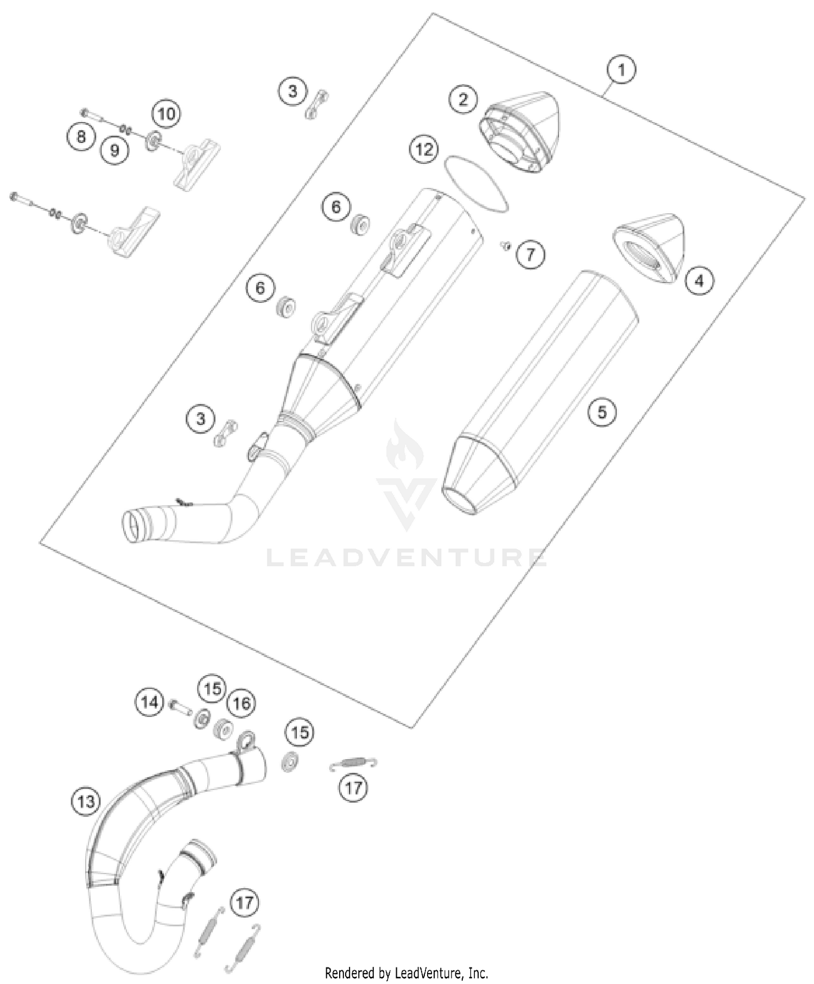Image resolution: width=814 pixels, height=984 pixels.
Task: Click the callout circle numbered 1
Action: [x=621, y=70]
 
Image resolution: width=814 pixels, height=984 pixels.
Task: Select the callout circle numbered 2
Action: [x=463, y=99]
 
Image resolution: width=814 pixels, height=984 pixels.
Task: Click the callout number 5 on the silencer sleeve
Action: [x=602, y=412]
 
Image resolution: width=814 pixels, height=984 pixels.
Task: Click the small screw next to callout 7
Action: [x=505, y=247]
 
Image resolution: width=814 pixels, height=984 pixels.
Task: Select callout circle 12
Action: [x=424, y=149]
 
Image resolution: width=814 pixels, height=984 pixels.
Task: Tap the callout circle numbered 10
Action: [x=167, y=114]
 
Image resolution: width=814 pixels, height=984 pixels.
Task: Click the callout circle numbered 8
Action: [x=81, y=136]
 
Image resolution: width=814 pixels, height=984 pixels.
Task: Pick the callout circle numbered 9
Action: [x=115, y=149]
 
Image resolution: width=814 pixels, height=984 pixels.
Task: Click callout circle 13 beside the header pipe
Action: [x=86, y=801]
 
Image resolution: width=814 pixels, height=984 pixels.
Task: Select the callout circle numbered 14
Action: [x=149, y=702]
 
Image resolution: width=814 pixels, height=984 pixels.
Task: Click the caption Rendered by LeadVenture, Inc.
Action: [x=406, y=973]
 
